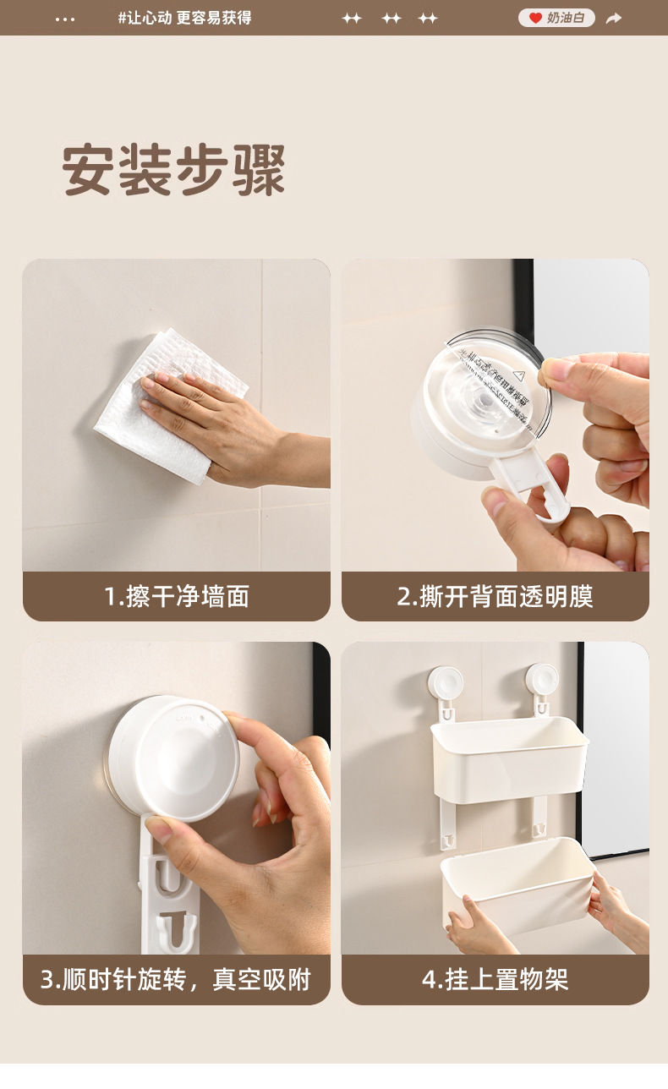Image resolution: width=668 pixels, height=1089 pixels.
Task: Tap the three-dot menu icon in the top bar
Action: coord(65,19)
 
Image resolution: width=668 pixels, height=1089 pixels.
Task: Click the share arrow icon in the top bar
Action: coord(614,18)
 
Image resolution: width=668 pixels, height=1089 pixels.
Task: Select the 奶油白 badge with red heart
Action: coord(556,18)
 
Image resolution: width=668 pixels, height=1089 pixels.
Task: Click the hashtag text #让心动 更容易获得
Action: coord(184,18)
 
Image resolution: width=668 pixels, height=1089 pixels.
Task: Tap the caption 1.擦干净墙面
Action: coord(177,596)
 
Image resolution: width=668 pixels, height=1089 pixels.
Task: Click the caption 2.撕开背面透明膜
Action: coord(495,596)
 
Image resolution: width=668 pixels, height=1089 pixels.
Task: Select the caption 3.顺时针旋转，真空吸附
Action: coord(177,980)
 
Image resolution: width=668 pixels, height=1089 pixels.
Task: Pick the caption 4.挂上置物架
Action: coord(495,980)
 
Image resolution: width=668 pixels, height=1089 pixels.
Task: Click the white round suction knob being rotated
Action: coord(173,758)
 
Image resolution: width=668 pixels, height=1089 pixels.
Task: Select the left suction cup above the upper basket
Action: coord(446,683)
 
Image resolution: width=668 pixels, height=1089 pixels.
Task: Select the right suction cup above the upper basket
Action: coord(542,680)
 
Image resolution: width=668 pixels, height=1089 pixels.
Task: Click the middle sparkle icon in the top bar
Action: coord(391,18)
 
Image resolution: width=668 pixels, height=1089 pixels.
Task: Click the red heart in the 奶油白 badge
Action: coord(535,18)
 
